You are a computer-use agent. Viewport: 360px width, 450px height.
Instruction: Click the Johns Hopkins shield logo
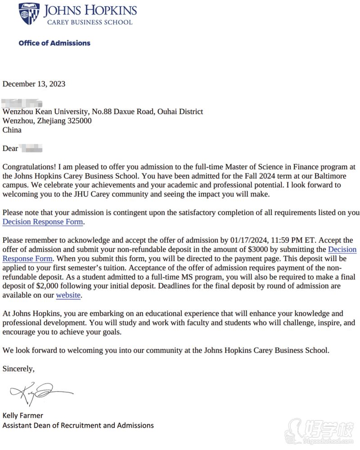point(29,14)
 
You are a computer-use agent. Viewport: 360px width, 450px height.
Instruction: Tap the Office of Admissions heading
point(54,43)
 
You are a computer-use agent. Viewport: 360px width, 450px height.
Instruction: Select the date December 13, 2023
point(34,84)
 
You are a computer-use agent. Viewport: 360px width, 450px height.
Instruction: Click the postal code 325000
point(80,121)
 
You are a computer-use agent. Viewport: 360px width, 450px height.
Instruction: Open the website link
point(68,295)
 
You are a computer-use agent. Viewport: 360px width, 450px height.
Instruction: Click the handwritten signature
point(40,392)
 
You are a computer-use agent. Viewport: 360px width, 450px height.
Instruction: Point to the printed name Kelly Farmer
point(23,415)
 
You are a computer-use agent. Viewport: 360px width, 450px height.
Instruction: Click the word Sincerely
point(18,369)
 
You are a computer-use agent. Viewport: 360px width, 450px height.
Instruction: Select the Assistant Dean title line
point(78,425)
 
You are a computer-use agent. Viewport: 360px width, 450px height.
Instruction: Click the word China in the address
point(12,130)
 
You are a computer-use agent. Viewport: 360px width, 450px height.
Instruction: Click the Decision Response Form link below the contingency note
point(43,222)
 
